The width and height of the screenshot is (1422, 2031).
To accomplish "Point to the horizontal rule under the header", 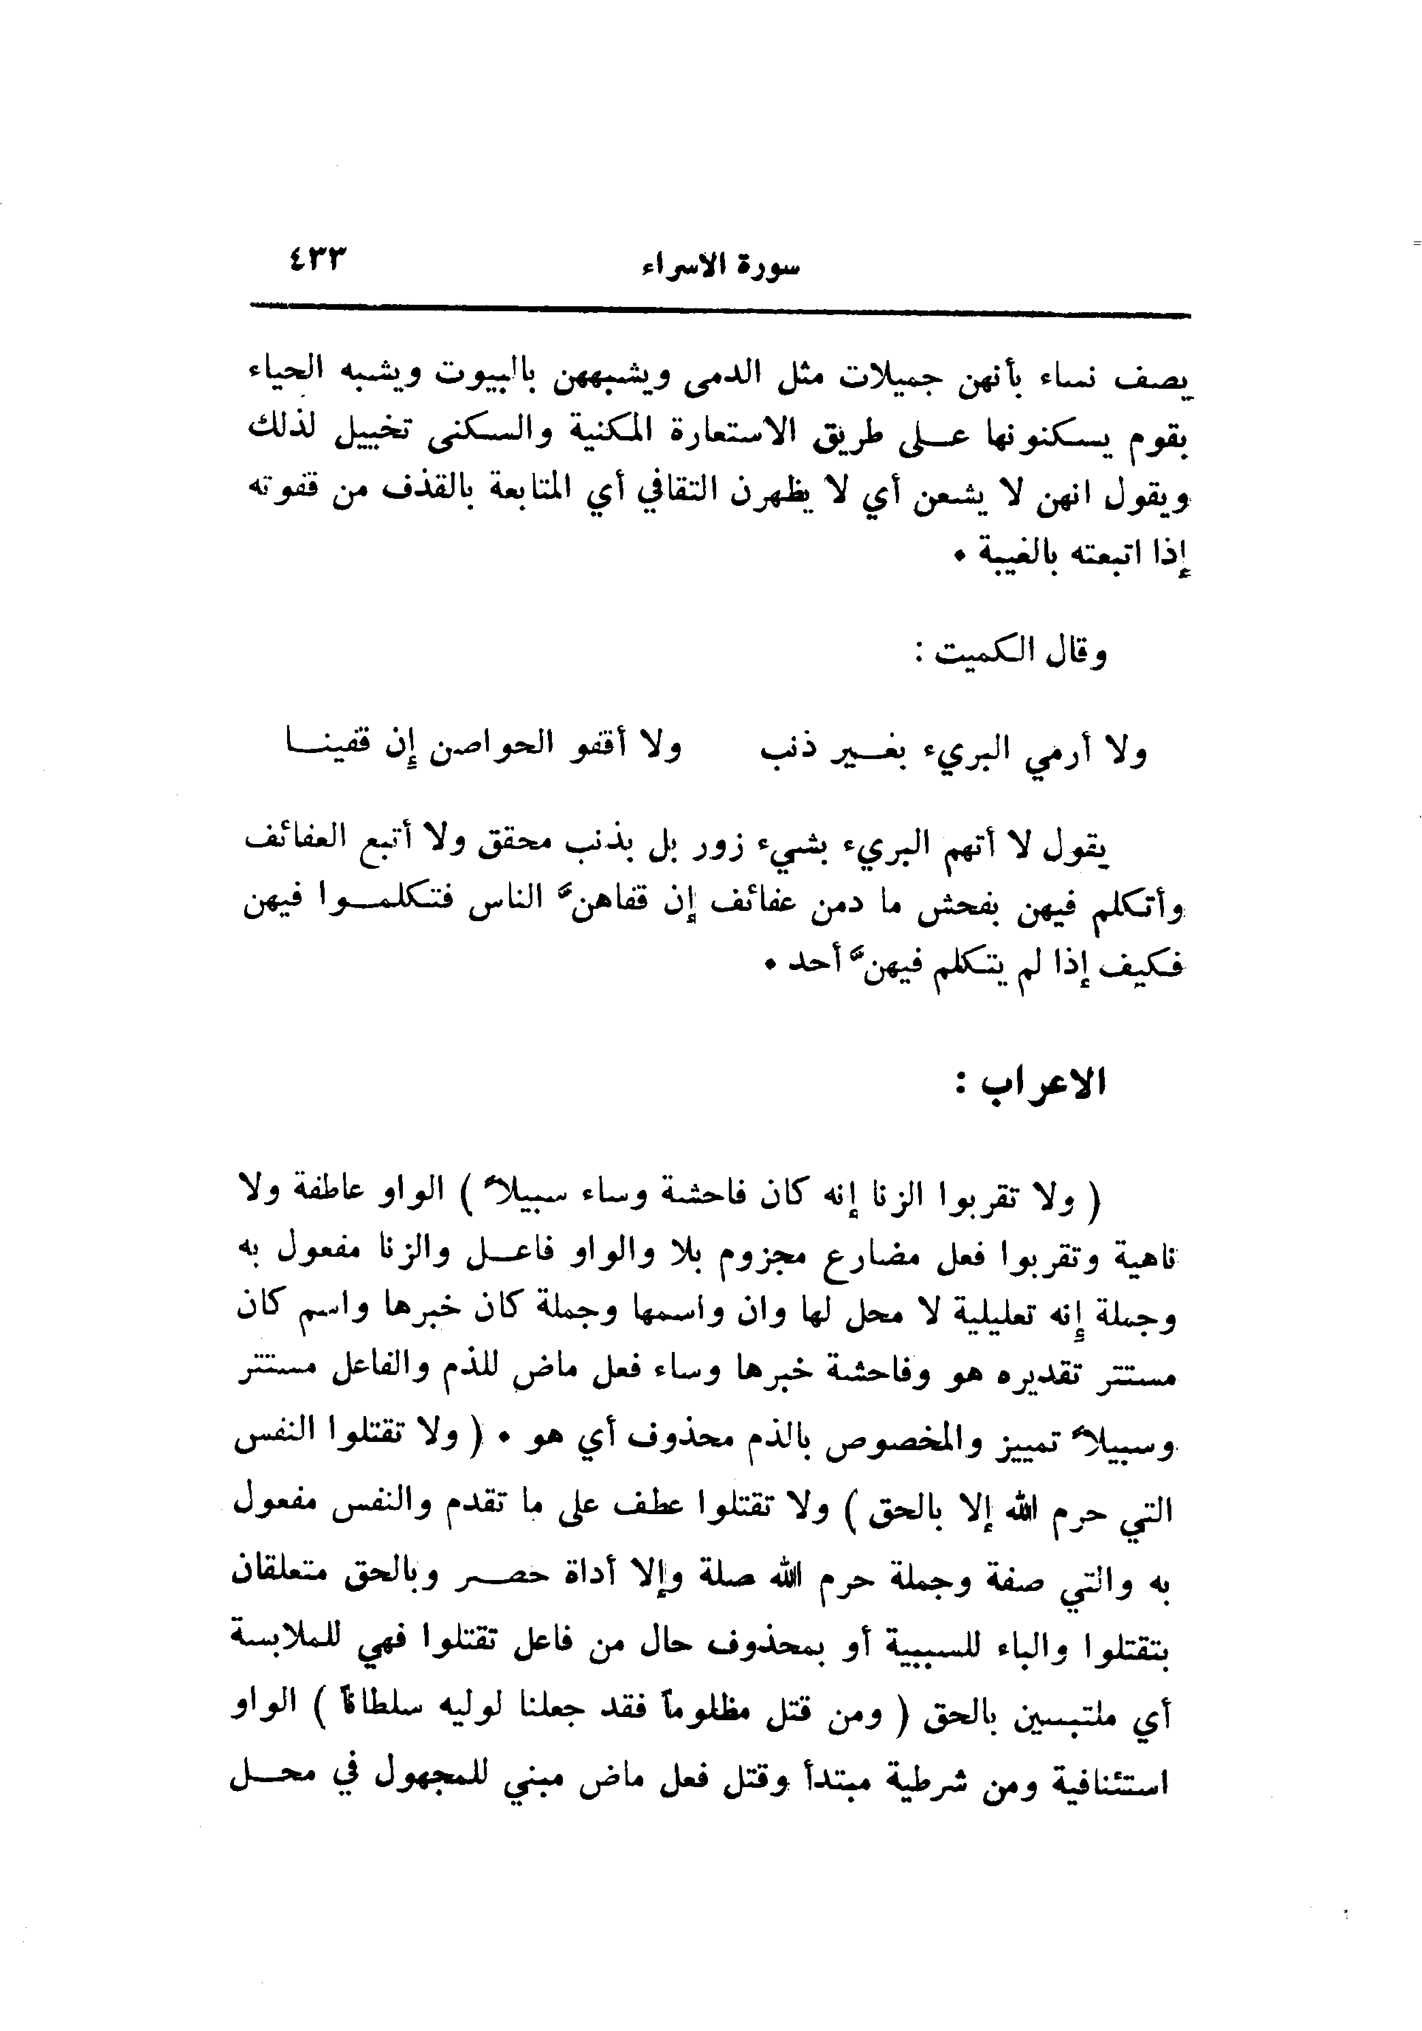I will click(x=720, y=312).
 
